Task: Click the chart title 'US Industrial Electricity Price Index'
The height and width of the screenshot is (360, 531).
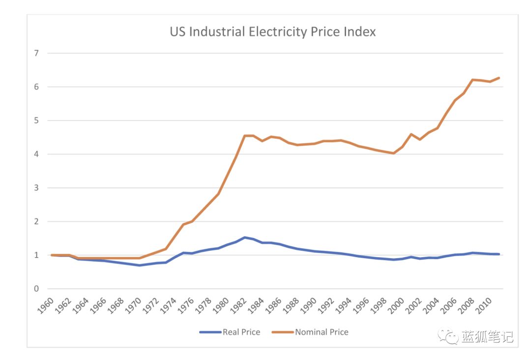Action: pos(273,32)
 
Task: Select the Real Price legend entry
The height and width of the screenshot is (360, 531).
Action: pos(241,332)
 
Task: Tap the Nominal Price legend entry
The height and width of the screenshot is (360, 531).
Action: pos(322,332)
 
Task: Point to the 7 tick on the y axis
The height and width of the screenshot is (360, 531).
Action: pos(36,53)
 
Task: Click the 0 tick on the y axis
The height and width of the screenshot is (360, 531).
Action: pos(36,289)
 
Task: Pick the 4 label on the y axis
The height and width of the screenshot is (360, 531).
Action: pos(36,154)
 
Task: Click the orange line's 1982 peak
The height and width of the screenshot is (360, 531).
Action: pos(245,136)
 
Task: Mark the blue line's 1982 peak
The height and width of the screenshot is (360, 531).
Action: pos(245,238)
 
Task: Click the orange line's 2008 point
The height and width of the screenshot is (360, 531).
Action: pos(472,80)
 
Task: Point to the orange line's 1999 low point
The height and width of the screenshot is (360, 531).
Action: pos(393,153)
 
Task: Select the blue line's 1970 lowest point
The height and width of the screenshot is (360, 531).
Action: pos(140,265)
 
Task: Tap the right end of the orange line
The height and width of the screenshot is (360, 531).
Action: pos(499,78)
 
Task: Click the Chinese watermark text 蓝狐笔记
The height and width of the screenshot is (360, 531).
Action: pos(487,337)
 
